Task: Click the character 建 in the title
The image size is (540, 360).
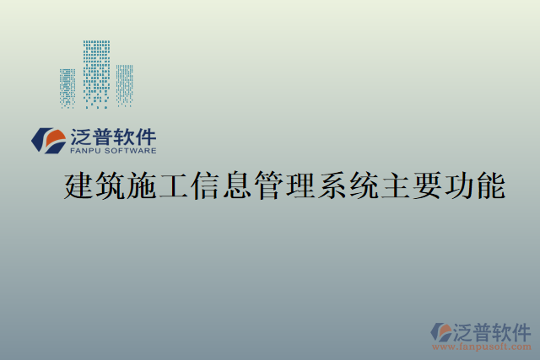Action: coord(78,185)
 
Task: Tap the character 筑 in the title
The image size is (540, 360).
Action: coord(111,185)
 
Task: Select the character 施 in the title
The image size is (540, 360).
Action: coord(142,185)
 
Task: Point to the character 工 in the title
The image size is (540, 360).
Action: coord(174,185)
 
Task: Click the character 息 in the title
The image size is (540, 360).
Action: coord(237,185)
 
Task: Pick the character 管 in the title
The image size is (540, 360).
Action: coord(269,185)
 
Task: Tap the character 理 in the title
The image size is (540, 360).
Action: coord(300,185)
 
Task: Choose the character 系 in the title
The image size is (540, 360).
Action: coord(332,185)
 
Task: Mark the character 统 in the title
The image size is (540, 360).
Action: coord(364,185)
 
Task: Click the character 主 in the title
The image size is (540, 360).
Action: coord(396,185)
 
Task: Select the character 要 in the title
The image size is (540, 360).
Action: coord(427,185)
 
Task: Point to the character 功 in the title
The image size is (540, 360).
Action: coord(459,185)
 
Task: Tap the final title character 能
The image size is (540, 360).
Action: coord(490,185)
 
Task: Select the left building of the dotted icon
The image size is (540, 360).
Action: coord(68,88)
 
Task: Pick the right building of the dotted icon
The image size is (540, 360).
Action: coord(124,85)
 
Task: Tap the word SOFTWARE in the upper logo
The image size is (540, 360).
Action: coord(131,152)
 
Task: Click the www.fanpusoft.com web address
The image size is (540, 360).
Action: coord(482,347)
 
